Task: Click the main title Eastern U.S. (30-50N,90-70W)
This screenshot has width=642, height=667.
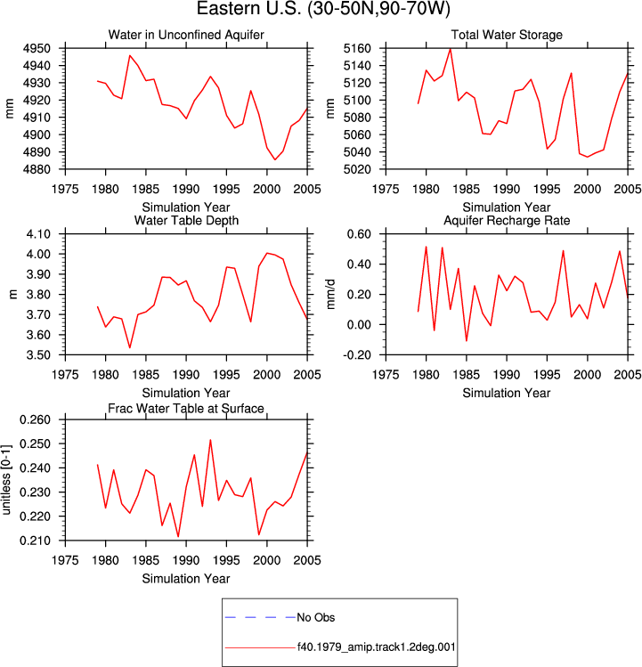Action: click(323, 9)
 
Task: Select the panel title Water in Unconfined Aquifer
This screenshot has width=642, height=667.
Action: click(186, 35)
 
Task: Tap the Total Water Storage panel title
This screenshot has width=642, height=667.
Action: click(507, 35)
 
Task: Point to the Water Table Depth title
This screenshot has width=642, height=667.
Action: click(186, 220)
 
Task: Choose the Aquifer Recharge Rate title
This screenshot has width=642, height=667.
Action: click(507, 220)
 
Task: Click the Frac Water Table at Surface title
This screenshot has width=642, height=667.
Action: click(186, 409)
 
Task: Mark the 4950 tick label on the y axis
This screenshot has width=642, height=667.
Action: click(37, 48)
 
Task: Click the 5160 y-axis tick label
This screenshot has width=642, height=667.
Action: click(357, 48)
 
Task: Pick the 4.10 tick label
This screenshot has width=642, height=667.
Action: click(38, 234)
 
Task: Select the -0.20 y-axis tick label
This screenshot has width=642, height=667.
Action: click(356, 354)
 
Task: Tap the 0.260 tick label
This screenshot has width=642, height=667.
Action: click(35, 419)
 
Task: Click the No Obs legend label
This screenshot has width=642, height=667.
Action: click(316, 617)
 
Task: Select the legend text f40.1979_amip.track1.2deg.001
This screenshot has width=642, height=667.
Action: click(376, 647)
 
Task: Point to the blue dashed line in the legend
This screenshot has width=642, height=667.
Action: click(260, 617)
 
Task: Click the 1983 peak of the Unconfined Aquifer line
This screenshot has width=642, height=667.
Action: click(130, 55)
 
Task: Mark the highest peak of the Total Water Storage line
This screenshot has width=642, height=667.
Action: click(451, 49)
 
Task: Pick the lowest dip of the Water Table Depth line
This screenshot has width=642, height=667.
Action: click(130, 347)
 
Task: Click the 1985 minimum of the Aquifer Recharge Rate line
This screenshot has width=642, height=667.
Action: click(467, 341)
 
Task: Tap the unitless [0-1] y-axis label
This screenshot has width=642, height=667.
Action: click(6, 480)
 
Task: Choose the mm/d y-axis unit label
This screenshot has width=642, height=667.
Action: click(330, 295)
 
